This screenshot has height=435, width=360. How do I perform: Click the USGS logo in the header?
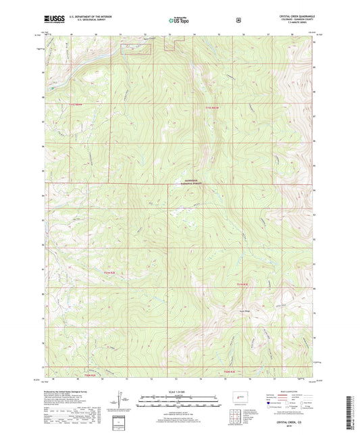pos(54,21)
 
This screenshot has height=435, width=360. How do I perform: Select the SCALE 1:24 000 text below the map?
pos(179,392)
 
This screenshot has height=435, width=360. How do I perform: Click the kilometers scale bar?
pos(179,398)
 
